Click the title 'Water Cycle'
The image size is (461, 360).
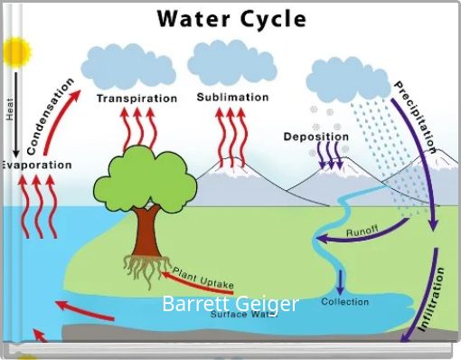coord(231,18)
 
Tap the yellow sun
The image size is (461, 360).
coord(15,54)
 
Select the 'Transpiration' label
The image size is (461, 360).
coord(136,99)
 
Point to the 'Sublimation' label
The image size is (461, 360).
coord(232,97)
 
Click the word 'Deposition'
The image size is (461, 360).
coord(315,137)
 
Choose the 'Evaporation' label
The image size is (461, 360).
coord(36,165)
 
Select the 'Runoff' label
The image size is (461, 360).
coord(362,230)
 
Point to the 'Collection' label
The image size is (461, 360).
coord(345,301)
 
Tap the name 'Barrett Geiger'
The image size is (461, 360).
coord(230,304)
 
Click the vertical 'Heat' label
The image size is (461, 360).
coord(10,109)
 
